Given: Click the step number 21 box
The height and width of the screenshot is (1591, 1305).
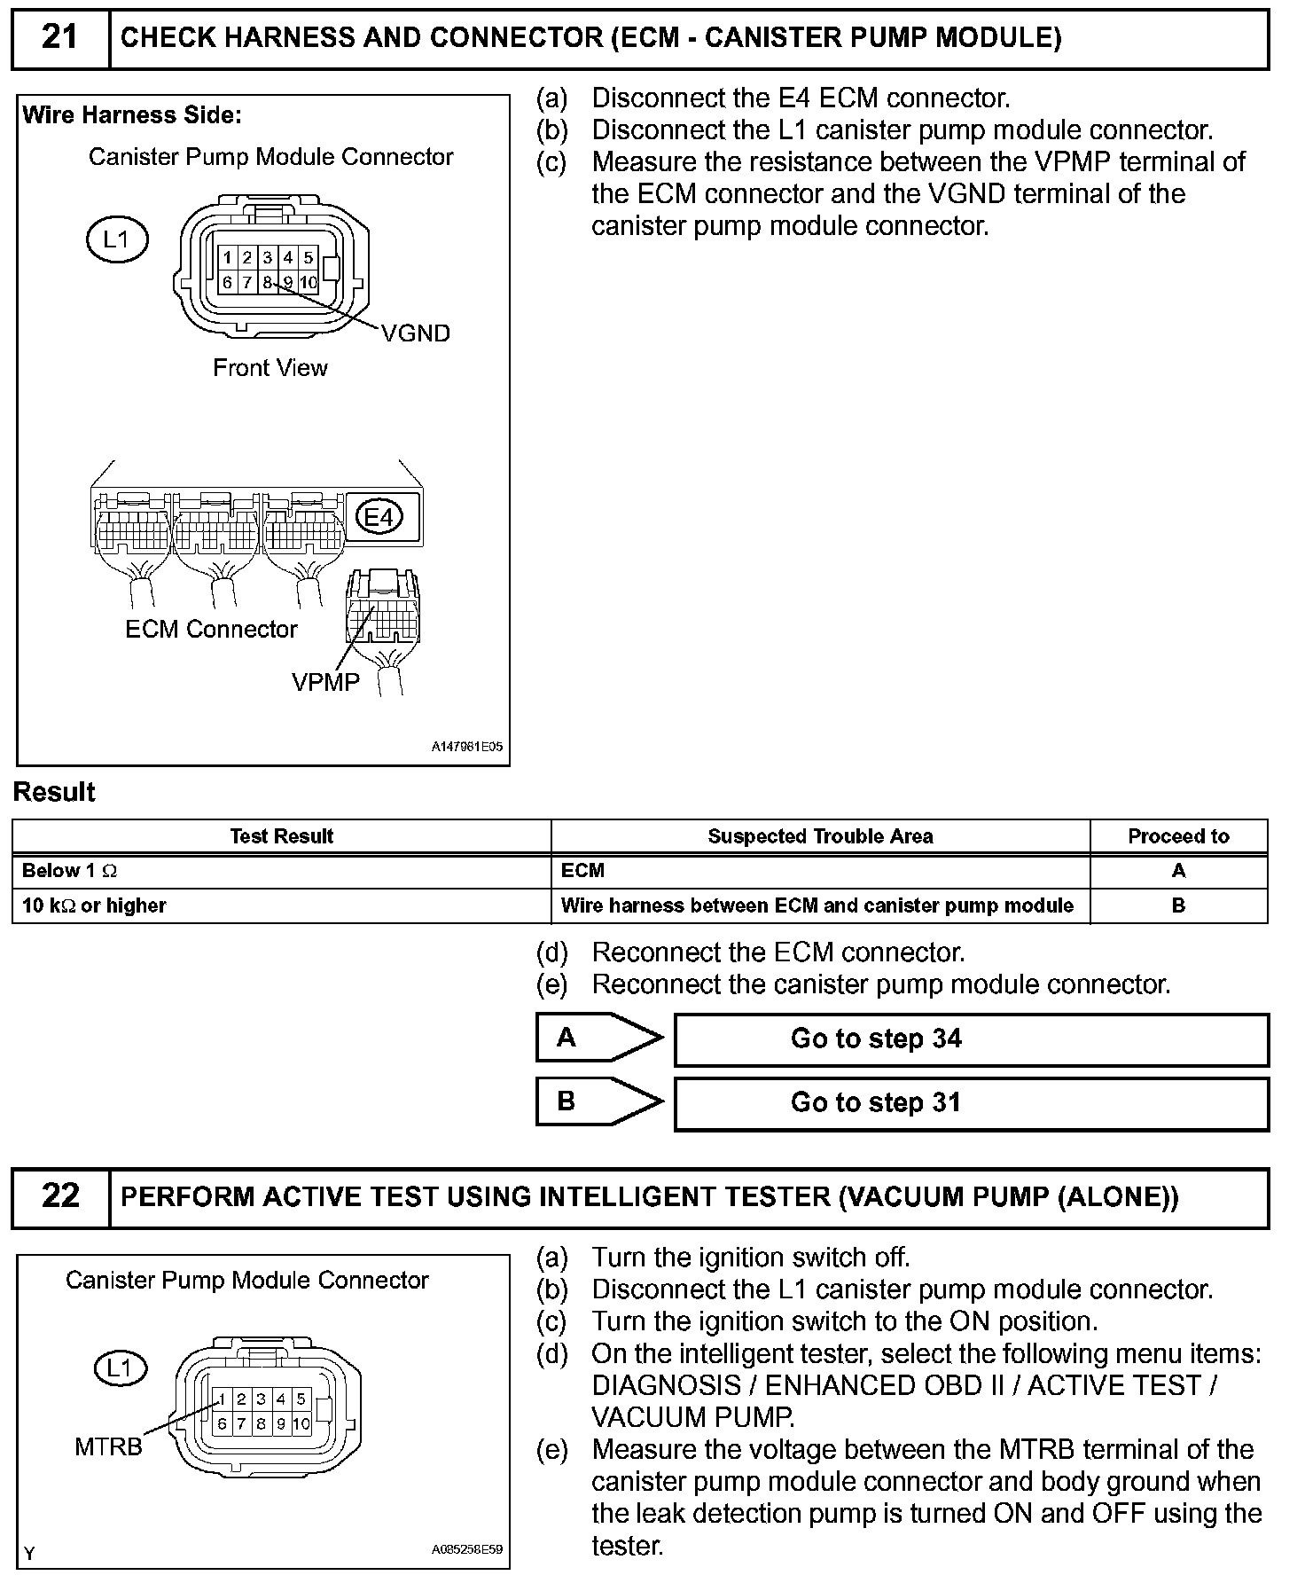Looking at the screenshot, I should pos(60,38).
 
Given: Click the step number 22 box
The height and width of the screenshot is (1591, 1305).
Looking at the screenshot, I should pos(60,1197).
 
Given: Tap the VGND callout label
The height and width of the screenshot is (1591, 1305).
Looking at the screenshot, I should pos(416,333).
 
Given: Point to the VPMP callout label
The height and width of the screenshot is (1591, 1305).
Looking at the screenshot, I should pos(325,682).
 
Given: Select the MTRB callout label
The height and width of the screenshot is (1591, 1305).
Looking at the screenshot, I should pos(108,1447).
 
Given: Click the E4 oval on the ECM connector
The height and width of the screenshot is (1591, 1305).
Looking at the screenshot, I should pos(379,516).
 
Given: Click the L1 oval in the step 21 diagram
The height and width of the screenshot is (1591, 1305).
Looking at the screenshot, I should pos(116,239).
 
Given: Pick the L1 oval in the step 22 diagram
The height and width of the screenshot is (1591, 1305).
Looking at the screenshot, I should pos(120,1368).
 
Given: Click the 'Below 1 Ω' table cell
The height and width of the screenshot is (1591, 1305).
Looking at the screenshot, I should pos(281,871).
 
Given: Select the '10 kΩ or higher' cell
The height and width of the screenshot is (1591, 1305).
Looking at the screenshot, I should pos(281,905).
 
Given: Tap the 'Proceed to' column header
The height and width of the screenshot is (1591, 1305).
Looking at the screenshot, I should pos(1178,836).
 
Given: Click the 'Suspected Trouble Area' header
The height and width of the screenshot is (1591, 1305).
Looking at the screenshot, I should pos(820,836).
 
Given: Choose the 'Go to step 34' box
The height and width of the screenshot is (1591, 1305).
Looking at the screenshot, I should pos(971,1039).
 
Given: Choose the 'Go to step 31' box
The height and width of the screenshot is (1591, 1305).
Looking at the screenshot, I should pos(971,1103).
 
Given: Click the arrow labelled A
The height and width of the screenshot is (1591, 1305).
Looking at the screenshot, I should pos(599,1038).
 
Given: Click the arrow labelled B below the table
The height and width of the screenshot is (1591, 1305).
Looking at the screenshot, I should pos(599,1101).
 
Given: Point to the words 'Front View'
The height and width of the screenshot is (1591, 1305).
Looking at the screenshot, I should pos(270,368).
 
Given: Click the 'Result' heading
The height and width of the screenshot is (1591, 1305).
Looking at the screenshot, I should pos(54,792).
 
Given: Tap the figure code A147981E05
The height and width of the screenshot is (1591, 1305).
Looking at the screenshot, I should pos(467,747).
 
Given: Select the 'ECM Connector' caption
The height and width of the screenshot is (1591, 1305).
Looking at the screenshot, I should pos(211,630).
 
